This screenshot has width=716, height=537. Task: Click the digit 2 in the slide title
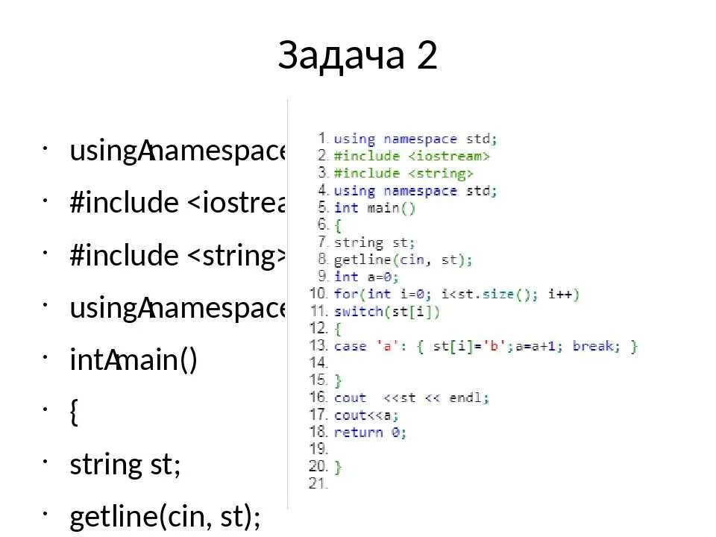[x=426, y=56]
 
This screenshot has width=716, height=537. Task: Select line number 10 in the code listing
[x=318, y=294]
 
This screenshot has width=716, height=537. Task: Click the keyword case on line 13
[x=350, y=346]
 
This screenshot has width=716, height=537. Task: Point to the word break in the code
[x=592, y=346]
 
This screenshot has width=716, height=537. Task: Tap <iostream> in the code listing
[x=448, y=156]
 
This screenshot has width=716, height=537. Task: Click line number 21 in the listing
[x=318, y=483]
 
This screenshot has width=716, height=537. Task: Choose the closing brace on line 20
[x=338, y=467]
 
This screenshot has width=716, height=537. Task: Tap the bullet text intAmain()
[x=134, y=362]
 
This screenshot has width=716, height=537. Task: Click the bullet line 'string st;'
[x=125, y=465]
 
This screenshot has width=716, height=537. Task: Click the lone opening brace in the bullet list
[x=74, y=413]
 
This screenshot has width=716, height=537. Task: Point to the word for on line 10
[x=346, y=294]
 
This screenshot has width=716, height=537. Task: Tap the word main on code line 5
[x=383, y=207]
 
